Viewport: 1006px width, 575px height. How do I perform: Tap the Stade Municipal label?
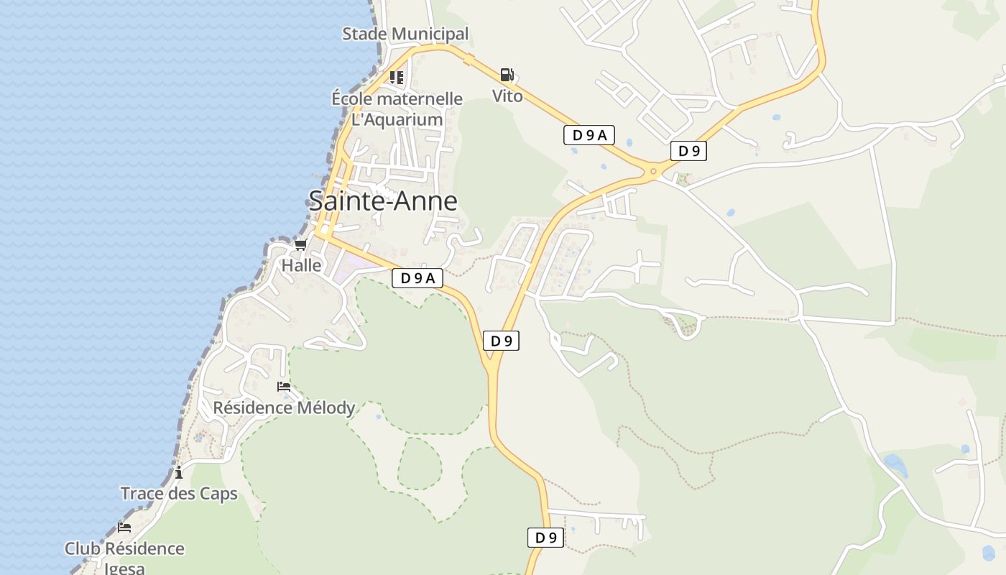405,34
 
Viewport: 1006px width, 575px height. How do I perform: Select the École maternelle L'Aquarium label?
397,109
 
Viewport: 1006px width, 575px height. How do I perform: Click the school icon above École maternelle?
397,77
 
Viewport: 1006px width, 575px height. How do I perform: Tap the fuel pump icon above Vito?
507,75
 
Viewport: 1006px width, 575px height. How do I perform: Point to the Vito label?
507,96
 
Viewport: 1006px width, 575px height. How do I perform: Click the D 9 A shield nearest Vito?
589,134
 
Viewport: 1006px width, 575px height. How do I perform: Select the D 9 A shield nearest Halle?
417,278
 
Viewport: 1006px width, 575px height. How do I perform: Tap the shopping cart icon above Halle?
301,245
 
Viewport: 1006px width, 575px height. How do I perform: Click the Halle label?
302,265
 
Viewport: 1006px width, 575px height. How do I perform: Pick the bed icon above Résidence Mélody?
284,387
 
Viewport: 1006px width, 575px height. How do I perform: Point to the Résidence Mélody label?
284,408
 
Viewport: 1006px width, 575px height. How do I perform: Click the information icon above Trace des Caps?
179,472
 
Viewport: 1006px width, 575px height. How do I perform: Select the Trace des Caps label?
179,494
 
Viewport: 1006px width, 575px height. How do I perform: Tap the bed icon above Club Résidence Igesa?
124,527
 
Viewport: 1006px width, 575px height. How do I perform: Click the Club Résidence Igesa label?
124,557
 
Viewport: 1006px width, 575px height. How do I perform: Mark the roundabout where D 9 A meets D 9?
653,171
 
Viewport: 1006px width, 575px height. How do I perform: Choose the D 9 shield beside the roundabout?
688,151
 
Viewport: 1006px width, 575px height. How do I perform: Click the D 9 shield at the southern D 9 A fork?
501,341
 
